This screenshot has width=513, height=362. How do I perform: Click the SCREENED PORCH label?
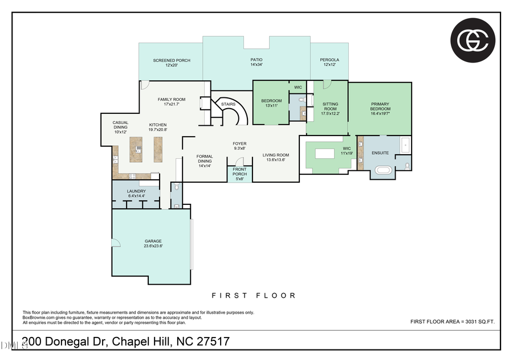172,60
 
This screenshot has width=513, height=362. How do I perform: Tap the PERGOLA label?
329,60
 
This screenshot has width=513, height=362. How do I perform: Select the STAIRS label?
228,104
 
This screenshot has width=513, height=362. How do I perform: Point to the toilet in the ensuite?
407,166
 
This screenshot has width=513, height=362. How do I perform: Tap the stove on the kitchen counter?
133,175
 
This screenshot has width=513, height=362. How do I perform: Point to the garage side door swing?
116,243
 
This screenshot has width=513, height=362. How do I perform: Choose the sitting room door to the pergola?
327,84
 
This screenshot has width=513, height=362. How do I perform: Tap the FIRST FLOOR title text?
254,295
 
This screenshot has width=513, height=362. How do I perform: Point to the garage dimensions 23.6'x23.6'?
153,246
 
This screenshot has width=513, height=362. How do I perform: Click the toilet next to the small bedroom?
302,101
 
